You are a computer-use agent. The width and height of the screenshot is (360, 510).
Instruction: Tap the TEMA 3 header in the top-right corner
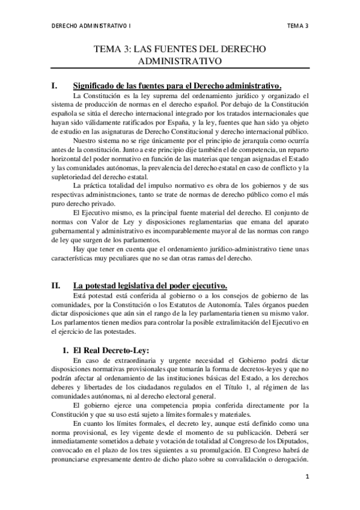(x=298, y=26)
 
